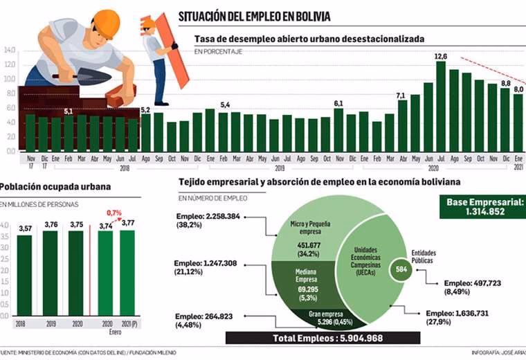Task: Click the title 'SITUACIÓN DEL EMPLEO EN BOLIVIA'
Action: [254, 16]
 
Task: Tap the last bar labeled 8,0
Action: [518, 122]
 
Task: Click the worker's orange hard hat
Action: [106, 23]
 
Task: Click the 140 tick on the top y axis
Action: [9, 50]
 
